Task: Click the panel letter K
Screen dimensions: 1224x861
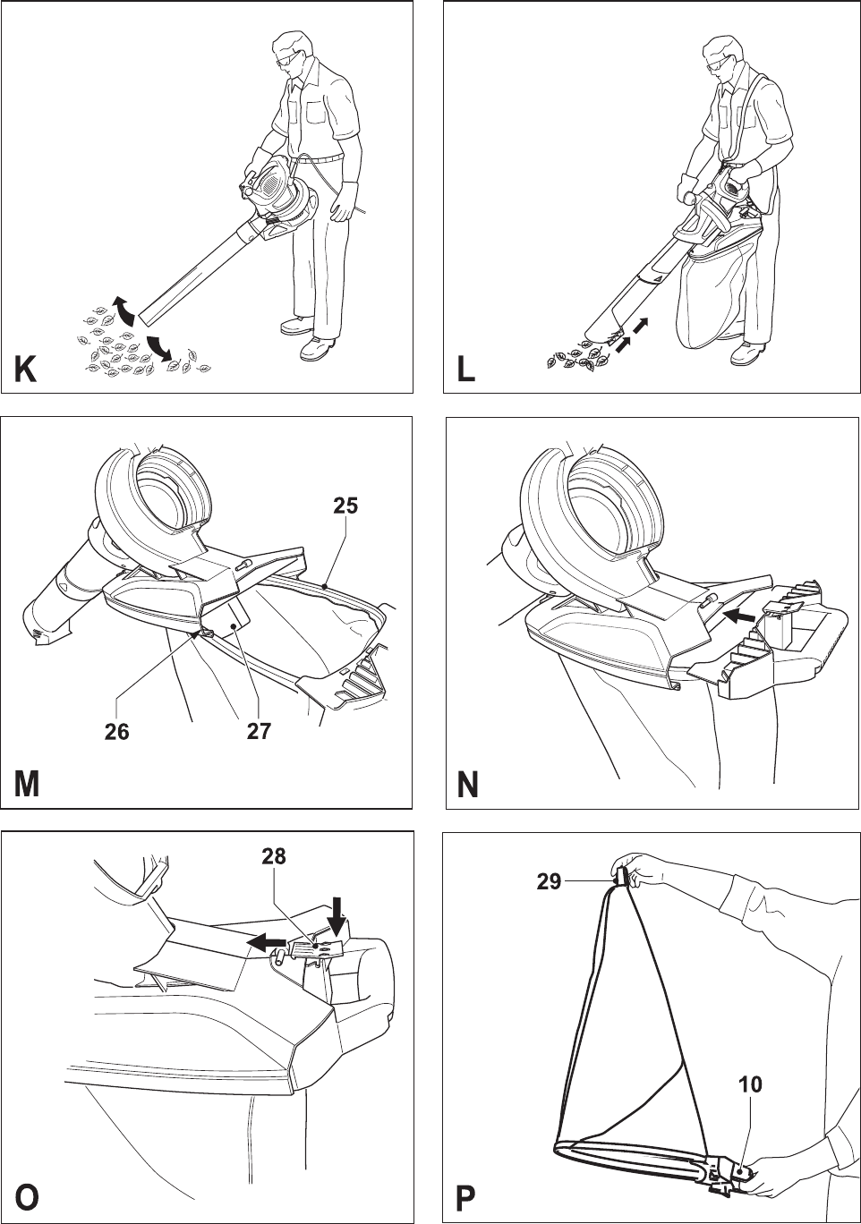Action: click(x=25, y=369)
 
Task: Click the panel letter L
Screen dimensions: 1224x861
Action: click(x=466, y=369)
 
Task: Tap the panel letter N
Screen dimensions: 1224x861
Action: click(x=467, y=785)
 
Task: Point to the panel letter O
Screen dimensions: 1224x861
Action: click(x=27, y=1196)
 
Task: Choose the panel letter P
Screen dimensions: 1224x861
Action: click(x=465, y=1196)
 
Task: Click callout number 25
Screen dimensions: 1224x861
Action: click(x=345, y=506)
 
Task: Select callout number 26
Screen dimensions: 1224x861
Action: click(x=116, y=732)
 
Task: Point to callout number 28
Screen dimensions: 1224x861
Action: click(x=274, y=856)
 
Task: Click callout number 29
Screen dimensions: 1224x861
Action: click(x=549, y=882)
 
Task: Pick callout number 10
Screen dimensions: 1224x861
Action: click(x=750, y=1084)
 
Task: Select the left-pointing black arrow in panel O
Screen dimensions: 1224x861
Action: click(x=266, y=941)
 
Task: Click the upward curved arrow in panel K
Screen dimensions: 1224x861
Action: click(x=124, y=309)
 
